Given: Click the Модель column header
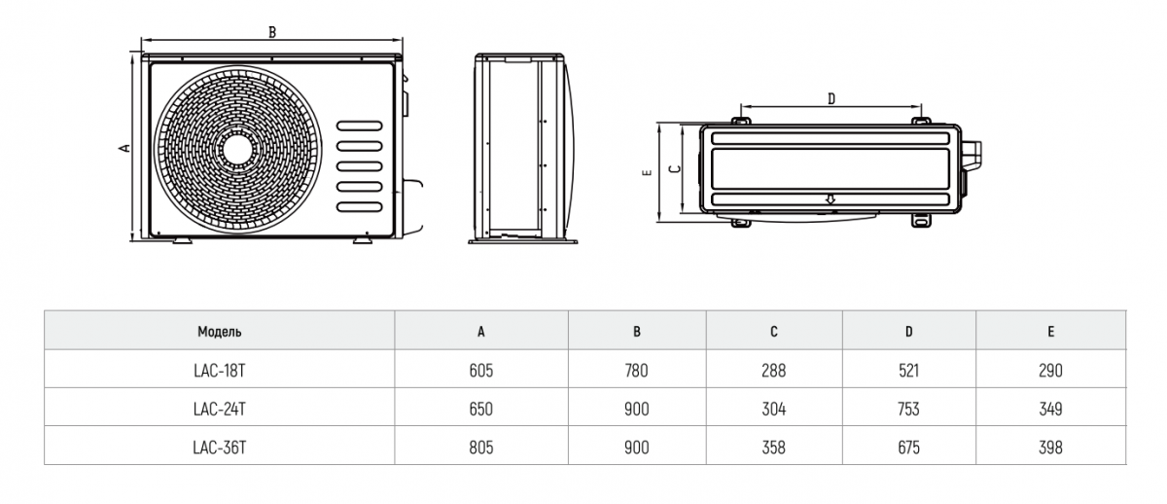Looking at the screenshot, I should click(220, 332).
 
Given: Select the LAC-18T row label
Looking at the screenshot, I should click(220, 371).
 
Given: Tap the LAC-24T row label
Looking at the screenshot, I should click(220, 409).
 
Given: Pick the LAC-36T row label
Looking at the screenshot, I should click(220, 448).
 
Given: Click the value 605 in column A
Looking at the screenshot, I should click(481, 371).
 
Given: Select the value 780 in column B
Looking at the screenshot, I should click(637, 371).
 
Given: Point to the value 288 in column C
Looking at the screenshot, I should click(774, 371).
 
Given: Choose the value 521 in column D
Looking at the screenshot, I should click(908, 371).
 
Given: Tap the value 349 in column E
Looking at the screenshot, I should click(1050, 409).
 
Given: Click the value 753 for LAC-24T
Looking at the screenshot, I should click(908, 409).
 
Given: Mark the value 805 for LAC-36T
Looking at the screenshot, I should click(481, 448).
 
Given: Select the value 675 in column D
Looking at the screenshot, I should click(908, 448).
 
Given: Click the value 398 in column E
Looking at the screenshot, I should click(1050, 448).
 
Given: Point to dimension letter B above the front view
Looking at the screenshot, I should click(272, 32).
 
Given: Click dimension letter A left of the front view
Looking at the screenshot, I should click(124, 148).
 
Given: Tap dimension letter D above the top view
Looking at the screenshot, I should click(831, 98).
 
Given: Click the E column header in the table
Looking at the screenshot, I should click(1050, 332).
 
